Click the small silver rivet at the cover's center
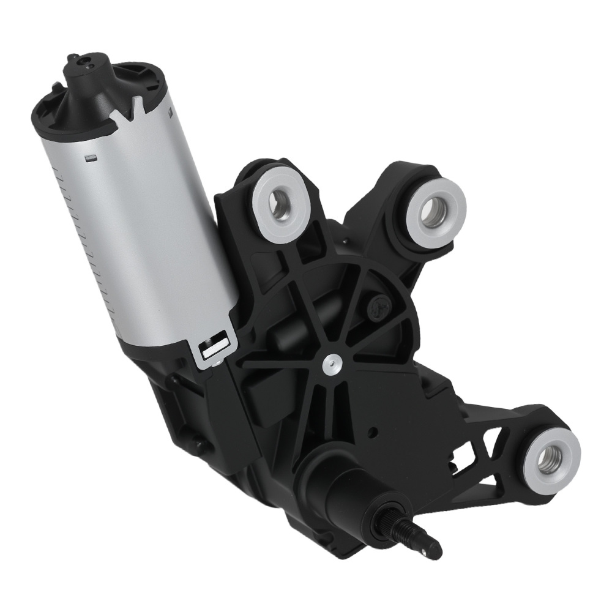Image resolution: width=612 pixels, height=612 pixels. click(x=331, y=364)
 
